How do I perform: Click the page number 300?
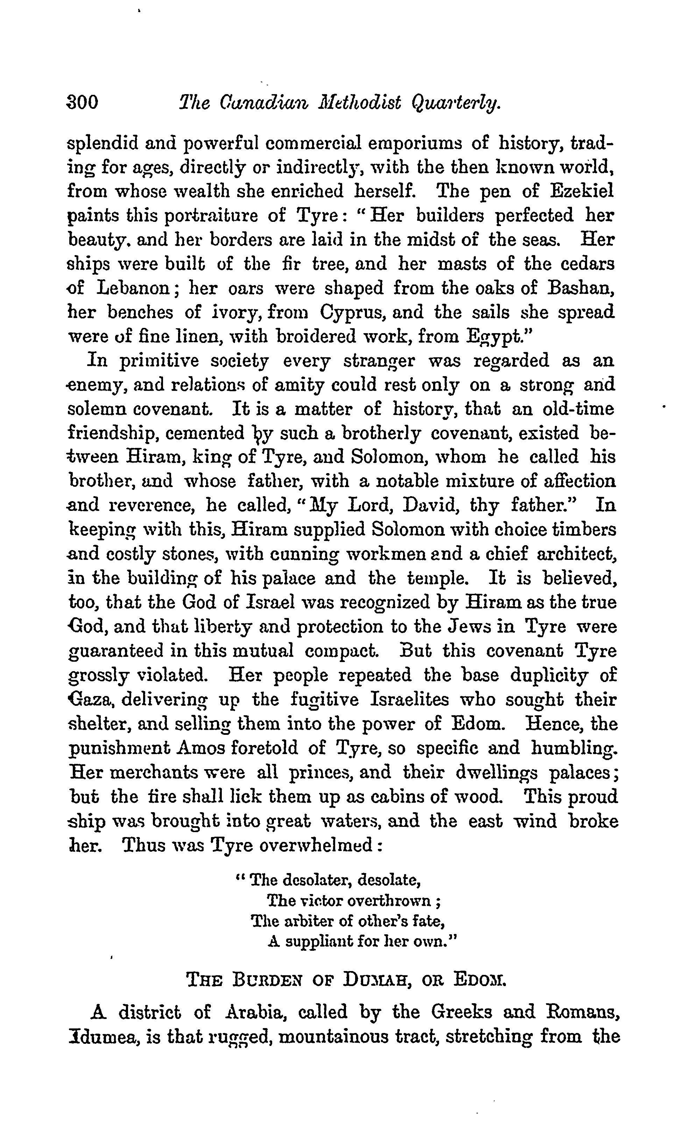pos(83,102)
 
